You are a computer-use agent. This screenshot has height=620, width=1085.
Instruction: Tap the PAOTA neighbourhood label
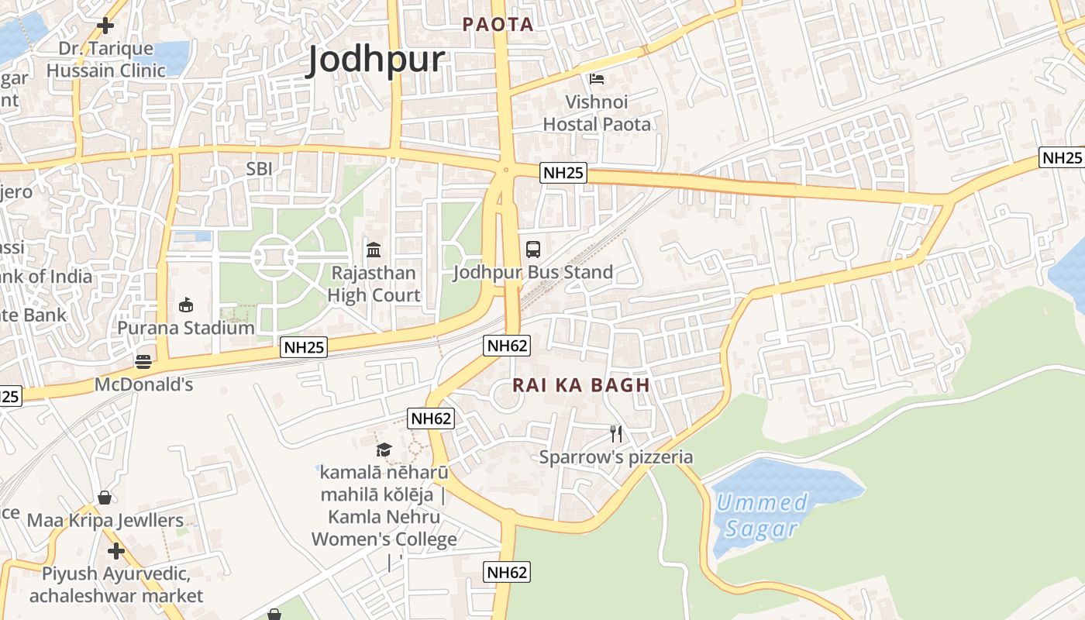[x=498, y=24]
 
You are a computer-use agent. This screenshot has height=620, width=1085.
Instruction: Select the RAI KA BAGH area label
[x=580, y=385]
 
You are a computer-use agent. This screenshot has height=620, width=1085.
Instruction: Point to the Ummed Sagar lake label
[x=761, y=515]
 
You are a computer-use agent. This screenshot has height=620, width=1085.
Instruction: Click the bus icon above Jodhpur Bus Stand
[x=533, y=250]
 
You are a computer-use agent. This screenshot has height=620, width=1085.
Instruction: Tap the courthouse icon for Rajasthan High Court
[x=374, y=250]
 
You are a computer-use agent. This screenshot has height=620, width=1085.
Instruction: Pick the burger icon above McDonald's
[x=143, y=361]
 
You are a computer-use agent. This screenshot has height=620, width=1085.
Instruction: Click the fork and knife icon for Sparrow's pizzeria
[x=616, y=434]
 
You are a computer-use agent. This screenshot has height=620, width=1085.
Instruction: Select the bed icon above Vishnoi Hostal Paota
[x=597, y=79]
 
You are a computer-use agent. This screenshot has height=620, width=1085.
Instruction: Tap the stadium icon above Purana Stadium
[x=186, y=305]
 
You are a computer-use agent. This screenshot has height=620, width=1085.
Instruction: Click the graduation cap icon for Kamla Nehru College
[x=384, y=449]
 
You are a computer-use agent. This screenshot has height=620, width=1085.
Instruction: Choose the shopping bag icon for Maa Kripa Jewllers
[x=105, y=498]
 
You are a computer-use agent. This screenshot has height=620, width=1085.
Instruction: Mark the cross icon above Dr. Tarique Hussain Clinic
[x=105, y=26]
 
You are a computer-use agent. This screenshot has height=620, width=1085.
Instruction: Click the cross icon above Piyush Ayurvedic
[x=116, y=551]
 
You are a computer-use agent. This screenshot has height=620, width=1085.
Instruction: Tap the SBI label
[x=260, y=168]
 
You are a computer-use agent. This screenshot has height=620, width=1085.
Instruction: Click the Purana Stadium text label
[x=186, y=328]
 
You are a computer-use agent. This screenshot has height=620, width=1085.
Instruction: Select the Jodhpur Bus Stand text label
[x=533, y=272]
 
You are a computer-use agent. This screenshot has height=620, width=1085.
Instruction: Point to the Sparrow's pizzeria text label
[x=616, y=457]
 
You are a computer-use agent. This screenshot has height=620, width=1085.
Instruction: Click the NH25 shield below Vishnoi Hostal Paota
[x=563, y=173]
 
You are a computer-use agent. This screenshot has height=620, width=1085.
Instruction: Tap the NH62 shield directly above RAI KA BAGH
[x=508, y=346]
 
